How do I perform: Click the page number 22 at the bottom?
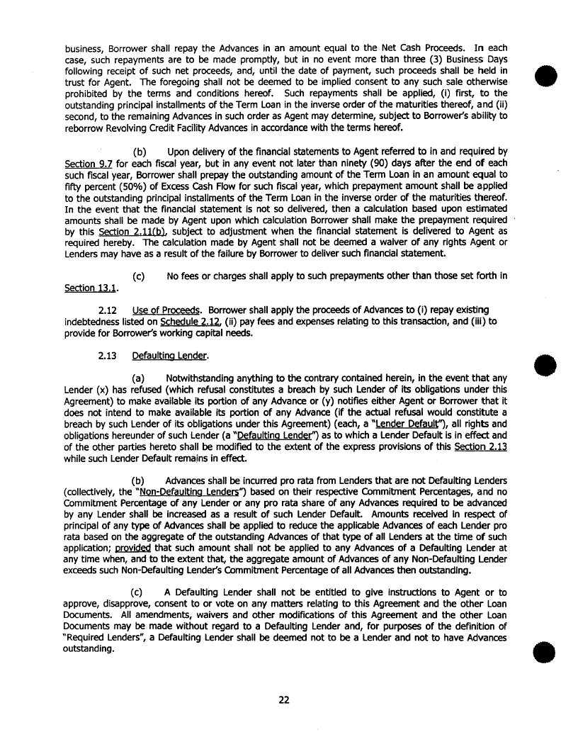[283, 701]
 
